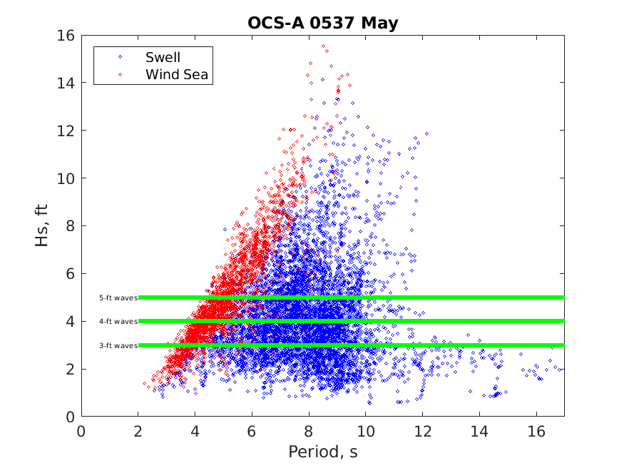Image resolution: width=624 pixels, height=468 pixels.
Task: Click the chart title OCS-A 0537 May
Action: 322,23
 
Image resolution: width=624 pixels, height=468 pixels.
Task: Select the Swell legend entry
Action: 163,57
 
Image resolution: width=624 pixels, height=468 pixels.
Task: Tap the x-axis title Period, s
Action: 322,452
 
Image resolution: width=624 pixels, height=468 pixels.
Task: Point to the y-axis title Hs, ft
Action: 43,226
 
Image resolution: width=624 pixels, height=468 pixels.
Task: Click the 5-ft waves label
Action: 118,297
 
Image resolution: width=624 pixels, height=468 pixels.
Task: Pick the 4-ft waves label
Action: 118,322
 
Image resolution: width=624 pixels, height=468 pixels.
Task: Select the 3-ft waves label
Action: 118,345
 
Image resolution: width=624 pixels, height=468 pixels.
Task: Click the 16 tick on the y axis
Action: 67,35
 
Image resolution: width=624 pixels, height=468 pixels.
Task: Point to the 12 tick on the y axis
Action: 67,131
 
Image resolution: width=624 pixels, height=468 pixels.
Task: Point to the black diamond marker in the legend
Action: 120,57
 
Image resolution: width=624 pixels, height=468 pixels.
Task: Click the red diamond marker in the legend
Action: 120,73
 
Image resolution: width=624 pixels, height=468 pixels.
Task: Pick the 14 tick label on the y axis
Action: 67,83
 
